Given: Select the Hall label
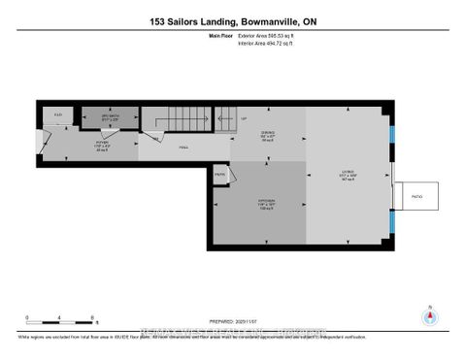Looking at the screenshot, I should (182, 147).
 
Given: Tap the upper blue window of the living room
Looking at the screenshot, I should (392, 133).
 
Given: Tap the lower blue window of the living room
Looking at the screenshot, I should (392, 225).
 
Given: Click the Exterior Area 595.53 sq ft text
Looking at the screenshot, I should (271, 36).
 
